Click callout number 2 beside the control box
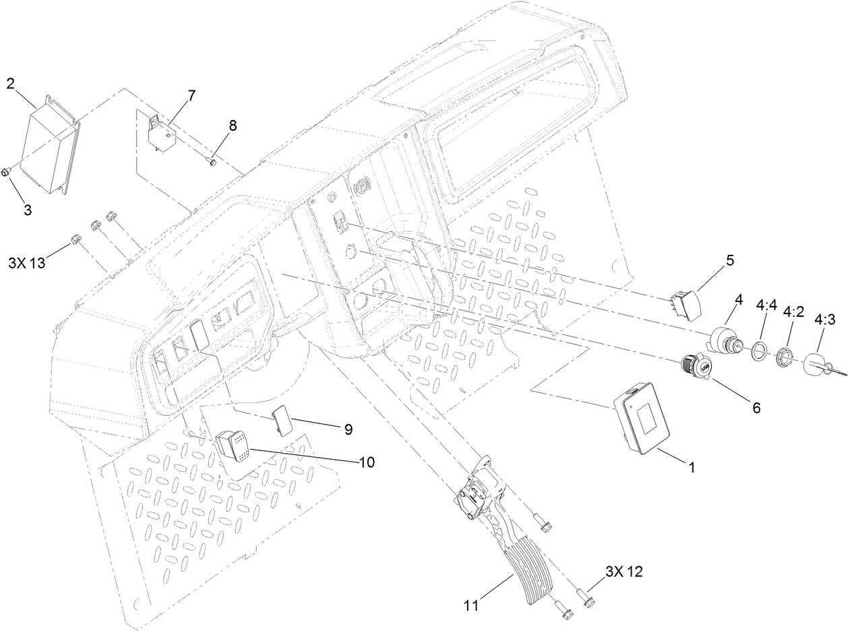point(11,84)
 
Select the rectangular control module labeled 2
point(51,150)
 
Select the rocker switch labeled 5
point(686,305)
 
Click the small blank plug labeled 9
point(282,418)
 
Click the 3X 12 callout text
point(624,572)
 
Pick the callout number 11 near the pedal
point(471,605)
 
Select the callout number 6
point(756,408)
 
